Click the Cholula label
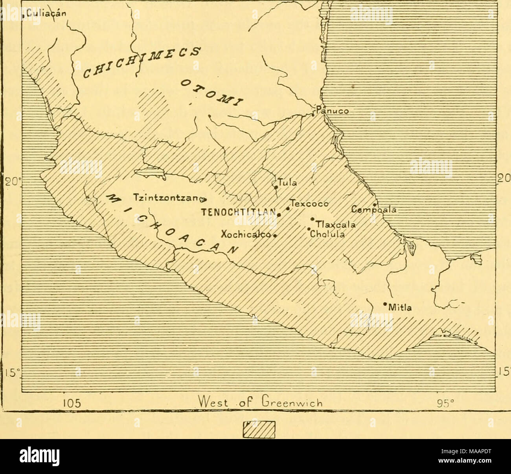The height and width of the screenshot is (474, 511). [327, 235]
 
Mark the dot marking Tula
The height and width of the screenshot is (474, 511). [276, 187]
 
